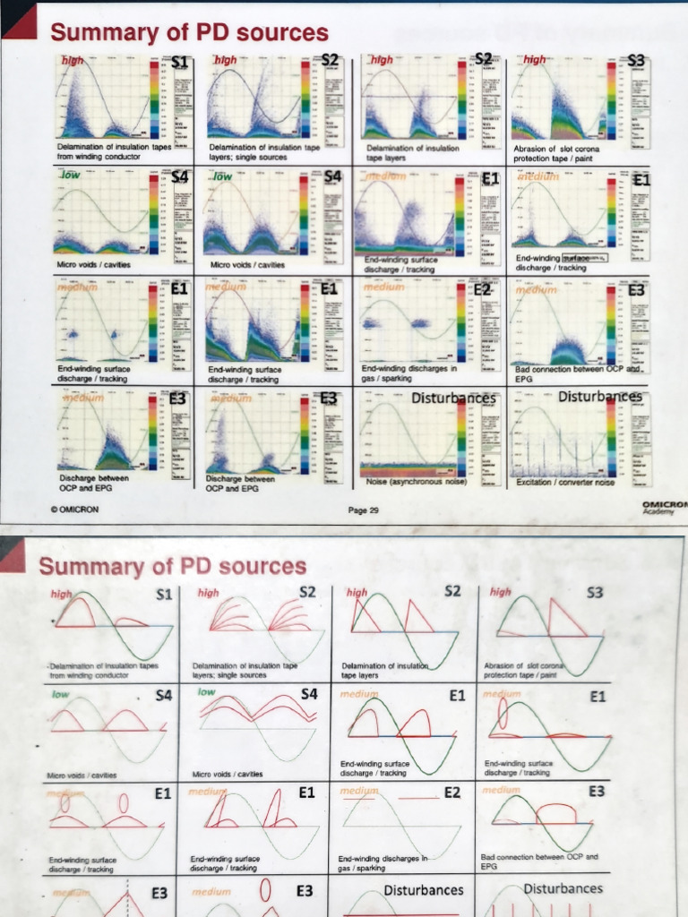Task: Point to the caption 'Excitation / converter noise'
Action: [565, 483]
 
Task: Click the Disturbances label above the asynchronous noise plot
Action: [453, 398]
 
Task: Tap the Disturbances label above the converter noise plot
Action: [599, 396]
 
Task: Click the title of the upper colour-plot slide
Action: [189, 33]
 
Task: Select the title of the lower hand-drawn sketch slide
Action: [172, 566]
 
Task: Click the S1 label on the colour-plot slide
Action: [180, 61]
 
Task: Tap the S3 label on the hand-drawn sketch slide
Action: [595, 593]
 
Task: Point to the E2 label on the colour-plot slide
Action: [483, 289]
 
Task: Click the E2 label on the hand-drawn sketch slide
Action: [451, 793]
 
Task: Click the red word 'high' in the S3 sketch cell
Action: [501, 592]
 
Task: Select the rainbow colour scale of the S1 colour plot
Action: [155, 103]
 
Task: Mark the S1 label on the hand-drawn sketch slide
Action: [162, 593]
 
